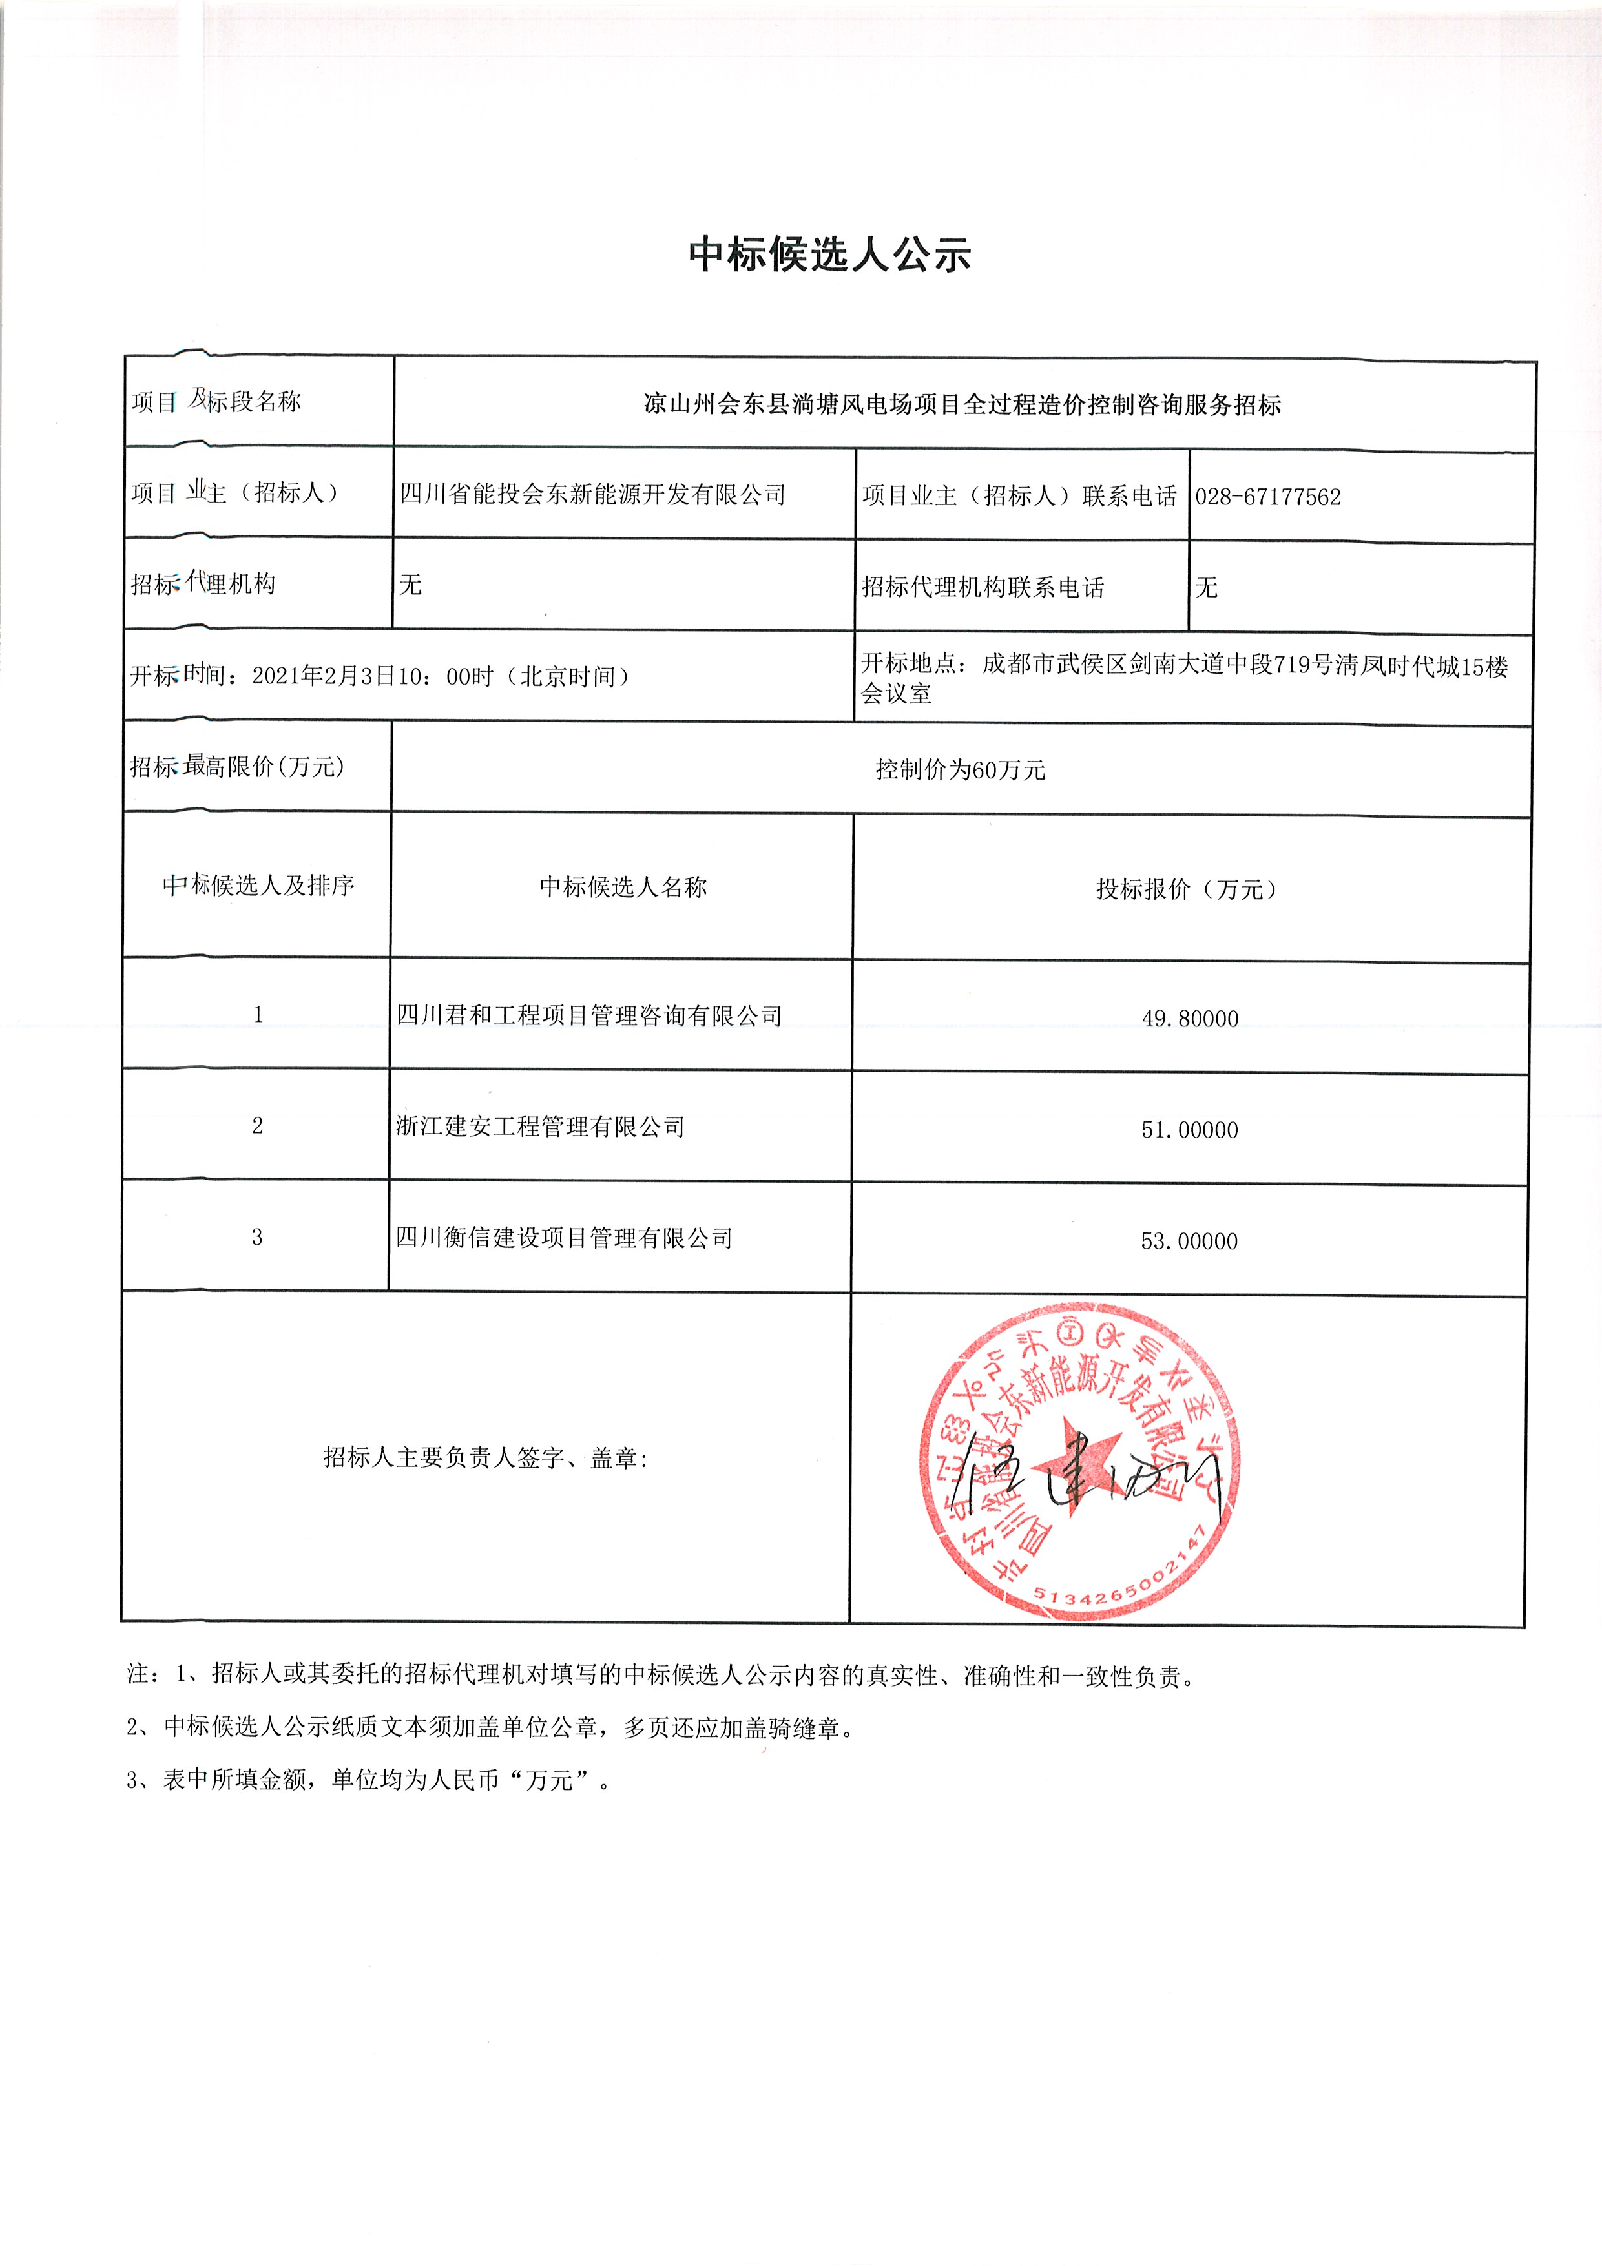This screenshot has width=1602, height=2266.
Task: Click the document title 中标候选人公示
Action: [x=830, y=255]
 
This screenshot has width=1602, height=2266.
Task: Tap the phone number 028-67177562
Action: [x=1267, y=497]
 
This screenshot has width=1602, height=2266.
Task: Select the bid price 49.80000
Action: [x=1189, y=1019]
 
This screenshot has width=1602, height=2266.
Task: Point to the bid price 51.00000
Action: [x=1189, y=1130]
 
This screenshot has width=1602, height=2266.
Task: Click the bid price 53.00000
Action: [x=1189, y=1242]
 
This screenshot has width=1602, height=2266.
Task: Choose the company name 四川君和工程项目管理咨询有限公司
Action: [x=588, y=1015]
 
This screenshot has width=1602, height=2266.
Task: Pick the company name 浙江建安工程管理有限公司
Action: [x=540, y=1126]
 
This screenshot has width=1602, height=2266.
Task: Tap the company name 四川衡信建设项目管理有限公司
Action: [x=564, y=1238]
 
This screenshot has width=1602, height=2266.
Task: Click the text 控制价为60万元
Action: [x=959, y=770]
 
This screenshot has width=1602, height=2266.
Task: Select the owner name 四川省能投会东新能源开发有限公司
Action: [x=592, y=494]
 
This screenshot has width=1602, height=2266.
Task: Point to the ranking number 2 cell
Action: [x=258, y=1126]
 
